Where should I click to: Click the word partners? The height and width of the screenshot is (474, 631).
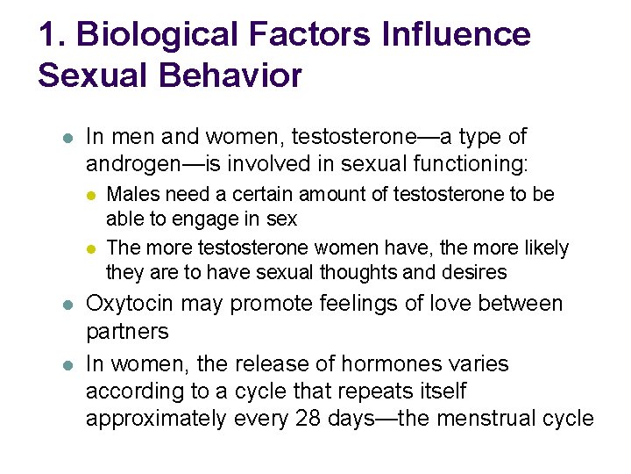click(x=127, y=332)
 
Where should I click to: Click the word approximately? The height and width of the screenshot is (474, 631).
click(x=155, y=419)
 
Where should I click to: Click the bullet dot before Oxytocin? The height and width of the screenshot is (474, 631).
click(x=67, y=305)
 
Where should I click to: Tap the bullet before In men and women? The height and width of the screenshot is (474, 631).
click(x=67, y=138)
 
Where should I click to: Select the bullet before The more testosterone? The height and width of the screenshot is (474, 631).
click(x=92, y=249)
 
